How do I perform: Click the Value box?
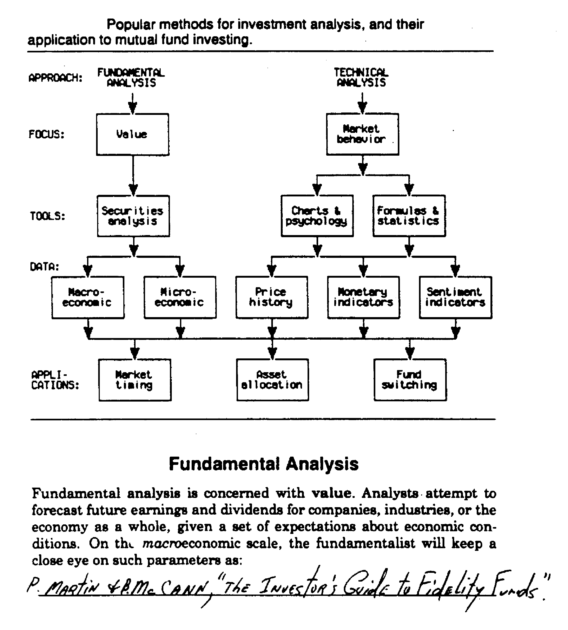(x=133, y=134)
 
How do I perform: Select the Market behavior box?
(x=362, y=134)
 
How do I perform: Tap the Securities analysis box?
(x=133, y=216)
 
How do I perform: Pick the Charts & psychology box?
(x=317, y=216)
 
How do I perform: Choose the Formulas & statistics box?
(x=409, y=216)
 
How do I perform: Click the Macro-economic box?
(x=88, y=297)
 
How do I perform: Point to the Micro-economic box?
(x=180, y=297)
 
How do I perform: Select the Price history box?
(x=272, y=297)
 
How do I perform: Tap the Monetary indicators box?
(x=363, y=297)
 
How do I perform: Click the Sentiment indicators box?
(x=455, y=297)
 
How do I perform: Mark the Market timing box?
(x=135, y=380)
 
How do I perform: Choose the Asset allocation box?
(x=272, y=380)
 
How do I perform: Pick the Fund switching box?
(x=410, y=380)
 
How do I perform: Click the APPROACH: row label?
(x=55, y=78)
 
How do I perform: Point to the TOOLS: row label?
(x=47, y=216)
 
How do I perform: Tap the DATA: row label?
(x=44, y=267)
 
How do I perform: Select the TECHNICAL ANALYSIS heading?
(x=361, y=78)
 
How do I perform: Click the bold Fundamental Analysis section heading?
(x=264, y=464)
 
